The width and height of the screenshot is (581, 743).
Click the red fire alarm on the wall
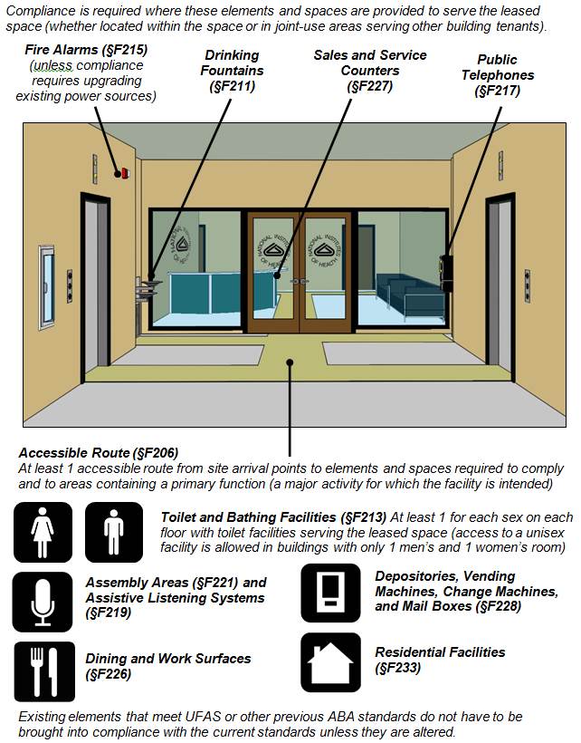tap(121, 172)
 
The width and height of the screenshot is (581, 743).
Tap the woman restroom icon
tap(43, 532)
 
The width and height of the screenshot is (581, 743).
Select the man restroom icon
tap(114, 532)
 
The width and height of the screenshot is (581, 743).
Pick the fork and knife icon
tap(43, 671)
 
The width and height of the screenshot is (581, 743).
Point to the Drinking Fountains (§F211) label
tap(232, 71)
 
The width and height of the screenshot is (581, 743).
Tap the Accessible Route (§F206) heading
tap(99, 452)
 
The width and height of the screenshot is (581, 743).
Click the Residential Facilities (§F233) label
tap(440, 660)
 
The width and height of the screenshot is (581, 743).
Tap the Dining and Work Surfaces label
tap(167, 666)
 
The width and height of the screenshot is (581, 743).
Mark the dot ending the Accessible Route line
tap(290, 363)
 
